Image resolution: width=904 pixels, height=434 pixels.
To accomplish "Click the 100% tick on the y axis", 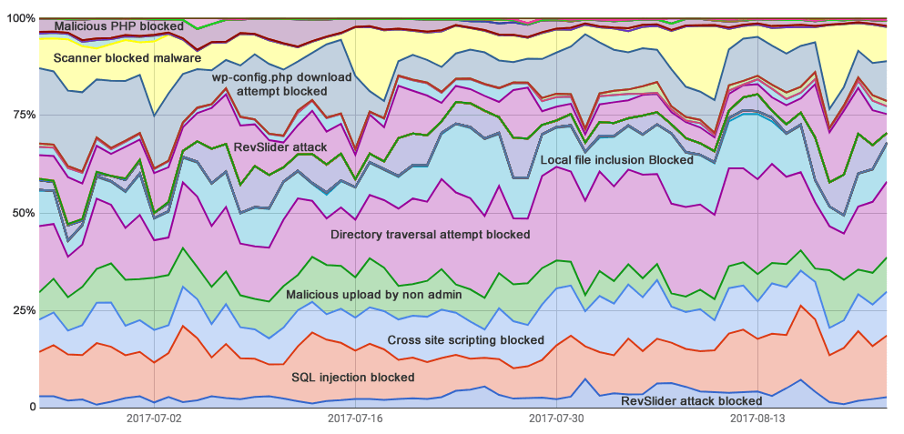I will pyautogui.click(x=18, y=18).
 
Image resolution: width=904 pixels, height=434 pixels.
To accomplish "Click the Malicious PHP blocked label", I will pyautogui.click(x=118, y=26).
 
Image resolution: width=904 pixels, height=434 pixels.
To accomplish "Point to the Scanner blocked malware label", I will pyautogui.click(x=127, y=58).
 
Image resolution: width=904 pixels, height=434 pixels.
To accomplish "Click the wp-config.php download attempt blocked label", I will pyautogui.click(x=281, y=85).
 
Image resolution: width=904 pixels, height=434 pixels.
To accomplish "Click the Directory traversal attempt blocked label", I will pyautogui.click(x=430, y=235).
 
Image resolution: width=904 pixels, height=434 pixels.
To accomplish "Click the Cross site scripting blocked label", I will pyautogui.click(x=465, y=340).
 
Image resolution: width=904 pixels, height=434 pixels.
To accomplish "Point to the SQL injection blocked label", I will pyautogui.click(x=353, y=377).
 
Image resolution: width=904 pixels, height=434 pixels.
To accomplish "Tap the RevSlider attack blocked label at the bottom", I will pyautogui.click(x=691, y=400).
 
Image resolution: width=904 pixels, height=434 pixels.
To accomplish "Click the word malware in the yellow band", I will pyautogui.click(x=177, y=58).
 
